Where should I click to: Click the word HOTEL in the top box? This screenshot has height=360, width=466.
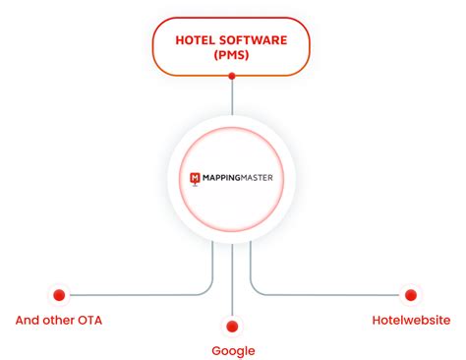[195, 40]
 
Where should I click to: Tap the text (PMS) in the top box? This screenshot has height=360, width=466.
[232, 56]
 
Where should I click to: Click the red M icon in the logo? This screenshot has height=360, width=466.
[197, 179]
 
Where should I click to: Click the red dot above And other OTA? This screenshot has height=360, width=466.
[59, 294]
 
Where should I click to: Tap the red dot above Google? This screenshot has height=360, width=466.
[232, 326]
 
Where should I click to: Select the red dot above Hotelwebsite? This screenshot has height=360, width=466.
[410, 294]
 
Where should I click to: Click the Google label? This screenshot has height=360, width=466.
[233, 351]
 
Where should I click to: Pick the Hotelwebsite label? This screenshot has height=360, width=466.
[411, 320]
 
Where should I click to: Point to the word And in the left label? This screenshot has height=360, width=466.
[29, 320]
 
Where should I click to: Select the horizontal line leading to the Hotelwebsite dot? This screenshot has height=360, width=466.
[334, 294]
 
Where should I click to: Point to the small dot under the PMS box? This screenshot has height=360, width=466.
[232, 80]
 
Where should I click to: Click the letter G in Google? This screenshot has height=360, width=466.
[216, 351]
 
